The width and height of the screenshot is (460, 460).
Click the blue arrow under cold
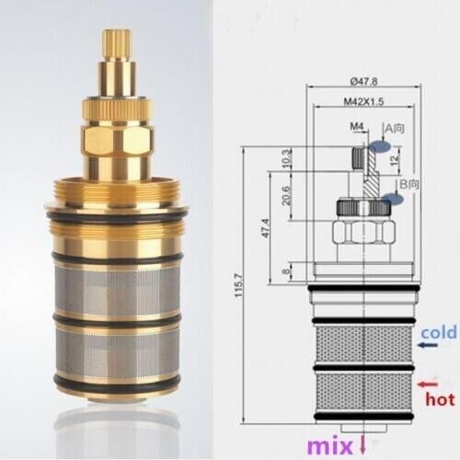pos(426,345)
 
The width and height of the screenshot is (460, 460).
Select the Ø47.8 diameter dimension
pos(360,81)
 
